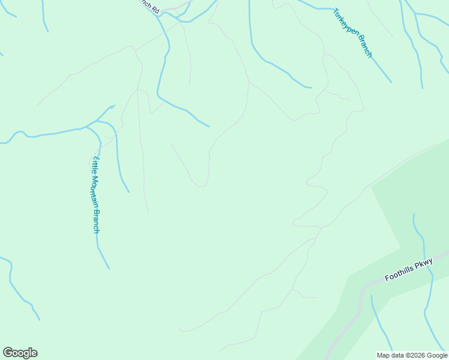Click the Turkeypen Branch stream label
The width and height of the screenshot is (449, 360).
point(352,34)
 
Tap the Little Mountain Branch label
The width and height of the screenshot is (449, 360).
point(95,194)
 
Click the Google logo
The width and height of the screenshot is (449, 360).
point(20,353)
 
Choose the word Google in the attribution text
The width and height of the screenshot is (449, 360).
point(436,355)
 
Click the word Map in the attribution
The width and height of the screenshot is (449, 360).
point(384,355)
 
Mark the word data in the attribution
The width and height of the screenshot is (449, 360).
point(397,355)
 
